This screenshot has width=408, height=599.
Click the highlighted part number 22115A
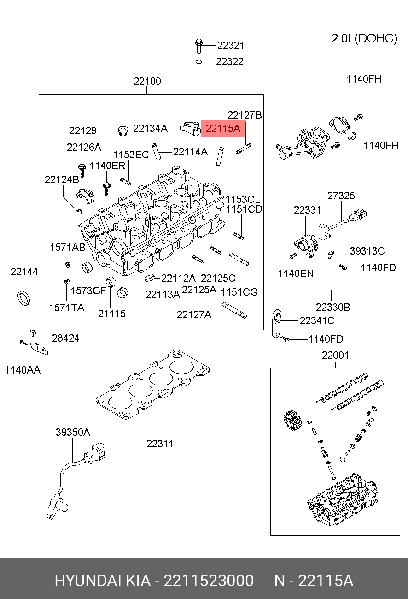pos(223,129)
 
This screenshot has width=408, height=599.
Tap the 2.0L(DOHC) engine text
pos(364,38)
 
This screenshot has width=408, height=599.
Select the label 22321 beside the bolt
pos(231,46)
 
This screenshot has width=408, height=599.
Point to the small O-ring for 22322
pos(198,61)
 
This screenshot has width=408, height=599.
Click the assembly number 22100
pos(147,82)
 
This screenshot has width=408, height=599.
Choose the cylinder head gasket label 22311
pos(160,444)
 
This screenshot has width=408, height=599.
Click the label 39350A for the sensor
pos(73,432)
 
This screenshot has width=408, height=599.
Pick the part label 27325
pos(341,196)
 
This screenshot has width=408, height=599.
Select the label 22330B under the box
pos(333,307)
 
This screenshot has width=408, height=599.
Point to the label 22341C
pos(317,320)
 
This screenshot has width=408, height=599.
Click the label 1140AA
pos(23,369)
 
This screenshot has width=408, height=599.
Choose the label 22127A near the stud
pos(194,314)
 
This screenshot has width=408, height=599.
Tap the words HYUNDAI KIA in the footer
pos(102,580)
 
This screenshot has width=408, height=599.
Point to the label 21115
pos(111,314)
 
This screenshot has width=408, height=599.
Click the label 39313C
pos(367,251)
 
